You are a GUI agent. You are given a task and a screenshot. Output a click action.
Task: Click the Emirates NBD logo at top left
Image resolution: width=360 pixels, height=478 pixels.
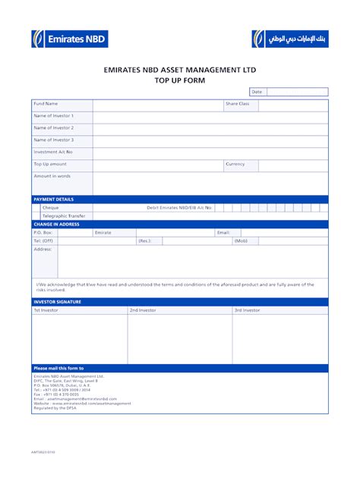point(69,39)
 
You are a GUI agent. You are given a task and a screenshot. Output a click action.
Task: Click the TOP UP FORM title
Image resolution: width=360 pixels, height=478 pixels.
point(180,80)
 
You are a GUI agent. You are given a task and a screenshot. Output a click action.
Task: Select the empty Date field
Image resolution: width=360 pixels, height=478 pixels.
point(297,92)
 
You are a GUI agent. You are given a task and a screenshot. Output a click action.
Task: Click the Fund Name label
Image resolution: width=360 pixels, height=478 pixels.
point(46,103)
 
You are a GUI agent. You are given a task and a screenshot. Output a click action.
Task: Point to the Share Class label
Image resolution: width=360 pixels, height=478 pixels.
point(237,103)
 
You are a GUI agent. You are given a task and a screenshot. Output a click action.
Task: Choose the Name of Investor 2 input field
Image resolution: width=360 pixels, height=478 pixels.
point(210,128)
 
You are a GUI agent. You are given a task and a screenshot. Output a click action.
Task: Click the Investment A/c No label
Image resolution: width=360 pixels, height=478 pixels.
point(53,152)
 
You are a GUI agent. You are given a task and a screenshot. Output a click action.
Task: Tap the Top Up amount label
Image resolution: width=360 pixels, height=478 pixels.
point(50,164)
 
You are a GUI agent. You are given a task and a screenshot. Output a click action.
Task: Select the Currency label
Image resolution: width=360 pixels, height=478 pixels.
point(235,164)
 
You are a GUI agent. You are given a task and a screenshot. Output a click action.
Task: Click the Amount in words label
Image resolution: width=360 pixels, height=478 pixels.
point(52,176)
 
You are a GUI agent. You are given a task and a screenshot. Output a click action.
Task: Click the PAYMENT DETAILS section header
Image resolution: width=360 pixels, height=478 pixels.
point(54,199)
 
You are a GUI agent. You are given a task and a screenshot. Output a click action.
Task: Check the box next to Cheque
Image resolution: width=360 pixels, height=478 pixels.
point(36,207)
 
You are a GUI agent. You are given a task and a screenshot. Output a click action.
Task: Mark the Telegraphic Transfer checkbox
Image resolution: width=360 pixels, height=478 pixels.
point(36,216)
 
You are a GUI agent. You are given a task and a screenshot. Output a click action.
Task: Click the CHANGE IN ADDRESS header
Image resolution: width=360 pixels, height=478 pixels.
point(57,224)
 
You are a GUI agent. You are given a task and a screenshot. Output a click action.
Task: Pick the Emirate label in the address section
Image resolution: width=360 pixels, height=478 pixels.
point(103,232)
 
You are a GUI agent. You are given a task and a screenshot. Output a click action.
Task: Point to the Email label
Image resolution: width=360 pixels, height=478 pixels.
point(223,232)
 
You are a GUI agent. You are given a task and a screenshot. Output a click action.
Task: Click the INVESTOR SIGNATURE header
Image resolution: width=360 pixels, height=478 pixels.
point(58,302)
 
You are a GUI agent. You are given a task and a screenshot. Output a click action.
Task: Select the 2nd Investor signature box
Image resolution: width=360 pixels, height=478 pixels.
point(179,339)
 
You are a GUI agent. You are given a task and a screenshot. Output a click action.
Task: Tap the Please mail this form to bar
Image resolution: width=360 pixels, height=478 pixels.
point(59,368)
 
